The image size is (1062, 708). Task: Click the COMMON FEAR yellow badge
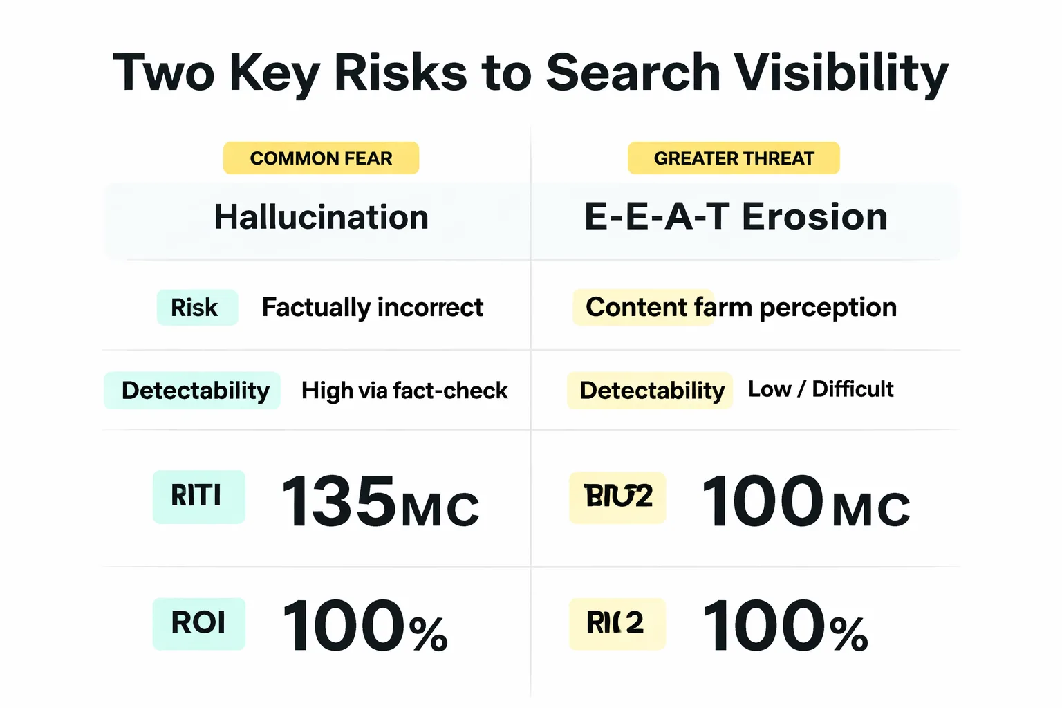click(x=321, y=158)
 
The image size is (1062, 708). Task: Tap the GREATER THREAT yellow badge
click(x=734, y=158)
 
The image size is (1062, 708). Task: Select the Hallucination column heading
click(x=321, y=217)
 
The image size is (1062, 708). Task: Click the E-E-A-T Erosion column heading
click(x=736, y=217)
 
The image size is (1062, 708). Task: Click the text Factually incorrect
click(x=372, y=308)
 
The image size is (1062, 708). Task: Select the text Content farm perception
click(x=740, y=308)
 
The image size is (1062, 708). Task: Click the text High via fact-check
click(x=404, y=391)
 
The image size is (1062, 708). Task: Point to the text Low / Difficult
click(x=821, y=389)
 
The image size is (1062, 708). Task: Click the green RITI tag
click(x=198, y=496)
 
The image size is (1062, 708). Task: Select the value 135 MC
click(x=380, y=502)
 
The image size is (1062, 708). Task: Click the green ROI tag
click(x=198, y=623)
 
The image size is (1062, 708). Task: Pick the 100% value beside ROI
click(x=364, y=626)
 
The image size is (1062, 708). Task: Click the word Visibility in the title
click(x=840, y=73)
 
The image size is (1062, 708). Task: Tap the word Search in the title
click(x=633, y=72)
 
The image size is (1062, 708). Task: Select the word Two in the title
click(x=164, y=72)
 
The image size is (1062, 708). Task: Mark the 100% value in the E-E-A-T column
click(x=785, y=626)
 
